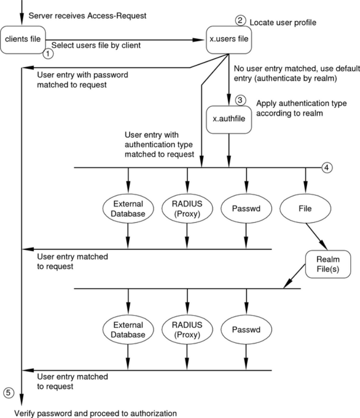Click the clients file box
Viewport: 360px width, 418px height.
(x=23, y=40)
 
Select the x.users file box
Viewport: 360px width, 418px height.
(x=228, y=40)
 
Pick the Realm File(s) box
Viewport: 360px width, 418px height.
(x=328, y=264)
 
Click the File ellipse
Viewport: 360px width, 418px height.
(x=305, y=208)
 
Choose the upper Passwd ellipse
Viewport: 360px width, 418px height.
(x=246, y=208)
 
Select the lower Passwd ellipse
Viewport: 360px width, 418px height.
(x=246, y=330)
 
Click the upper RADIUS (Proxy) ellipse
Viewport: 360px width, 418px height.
(x=187, y=208)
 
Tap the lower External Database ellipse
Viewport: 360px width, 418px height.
(x=128, y=330)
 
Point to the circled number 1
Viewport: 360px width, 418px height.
(x=48, y=54)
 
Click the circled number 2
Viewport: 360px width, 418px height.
(x=240, y=21)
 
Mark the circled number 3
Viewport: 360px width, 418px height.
(x=240, y=100)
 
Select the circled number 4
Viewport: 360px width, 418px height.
(x=327, y=168)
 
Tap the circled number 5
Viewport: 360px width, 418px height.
(x=8, y=393)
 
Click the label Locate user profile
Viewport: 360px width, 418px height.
(x=283, y=23)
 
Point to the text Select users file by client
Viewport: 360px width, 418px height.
(x=96, y=46)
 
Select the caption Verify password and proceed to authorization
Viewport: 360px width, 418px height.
(x=95, y=413)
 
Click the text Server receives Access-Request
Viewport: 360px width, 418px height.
(x=87, y=16)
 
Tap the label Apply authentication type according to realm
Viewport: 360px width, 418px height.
(x=302, y=108)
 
